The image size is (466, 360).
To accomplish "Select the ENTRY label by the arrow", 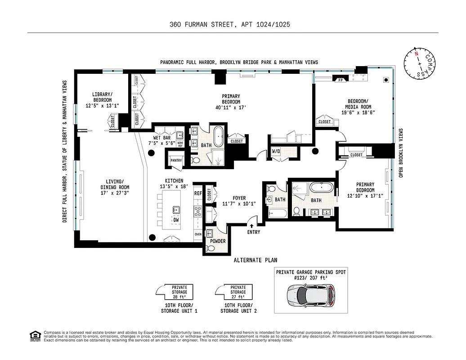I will pos(254,233).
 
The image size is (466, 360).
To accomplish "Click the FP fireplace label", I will pos(341,80).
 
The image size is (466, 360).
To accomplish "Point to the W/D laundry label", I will pos(276,152).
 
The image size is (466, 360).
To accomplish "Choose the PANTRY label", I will pos(175,160).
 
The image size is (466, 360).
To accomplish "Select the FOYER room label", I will pos(239,197).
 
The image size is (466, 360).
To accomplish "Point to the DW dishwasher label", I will pos(176,220).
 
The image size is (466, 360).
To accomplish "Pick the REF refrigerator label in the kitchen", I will pos(198,193).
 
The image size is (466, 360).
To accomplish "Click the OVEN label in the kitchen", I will pos(198,234).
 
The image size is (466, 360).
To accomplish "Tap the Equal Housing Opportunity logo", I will pos(34,336).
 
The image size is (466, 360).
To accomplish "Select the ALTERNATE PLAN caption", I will pos(255,260).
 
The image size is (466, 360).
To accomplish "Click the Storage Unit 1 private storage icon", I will pos(175,292).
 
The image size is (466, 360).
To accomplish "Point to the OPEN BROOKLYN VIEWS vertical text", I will pos(402,153).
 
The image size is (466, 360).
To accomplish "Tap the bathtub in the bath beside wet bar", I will pos(219,137).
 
